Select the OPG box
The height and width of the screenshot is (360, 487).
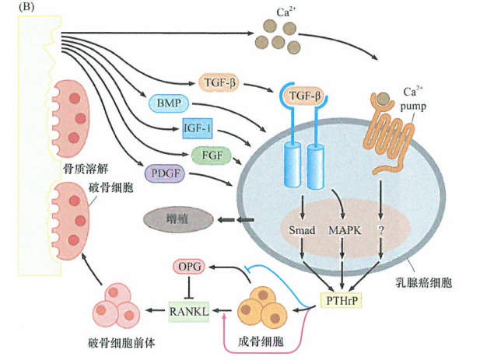click(190, 267)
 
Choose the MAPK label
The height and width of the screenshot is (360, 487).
click(343, 232)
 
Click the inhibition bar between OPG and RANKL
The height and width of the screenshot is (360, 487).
click(190, 289)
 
